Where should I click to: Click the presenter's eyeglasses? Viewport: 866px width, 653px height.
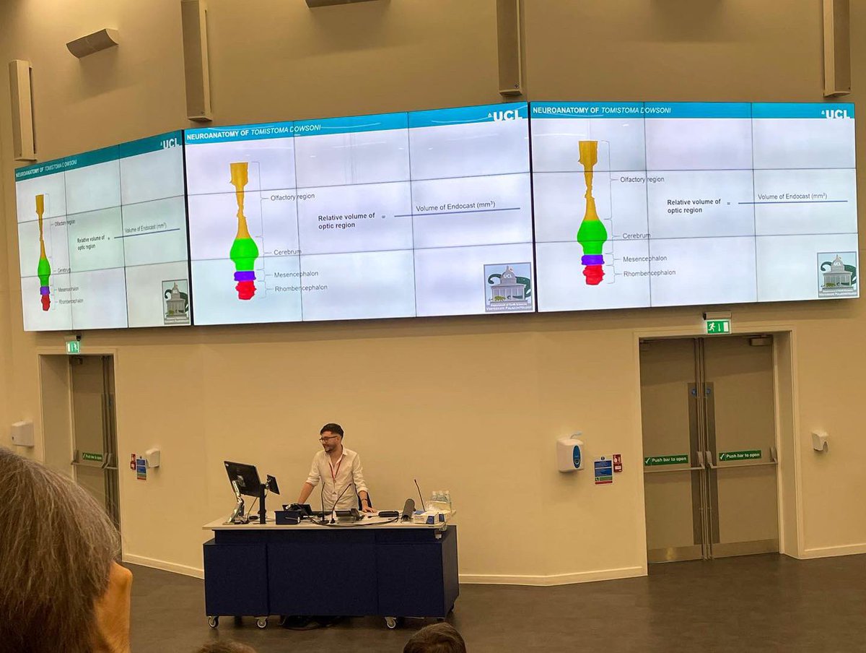click(329, 438)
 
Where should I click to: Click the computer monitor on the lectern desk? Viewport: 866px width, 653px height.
click(242, 478)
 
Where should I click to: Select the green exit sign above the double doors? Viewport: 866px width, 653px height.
click(717, 326)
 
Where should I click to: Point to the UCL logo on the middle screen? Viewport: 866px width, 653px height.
click(506, 115)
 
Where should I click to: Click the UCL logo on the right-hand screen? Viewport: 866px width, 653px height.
click(836, 113)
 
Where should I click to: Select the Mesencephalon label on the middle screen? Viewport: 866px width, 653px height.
click(296, 274)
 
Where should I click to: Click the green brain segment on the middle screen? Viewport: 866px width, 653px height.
click(244, 254)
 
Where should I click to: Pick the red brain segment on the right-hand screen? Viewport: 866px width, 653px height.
click(593, 274)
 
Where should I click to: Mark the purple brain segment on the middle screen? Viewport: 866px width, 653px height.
click(245, 275)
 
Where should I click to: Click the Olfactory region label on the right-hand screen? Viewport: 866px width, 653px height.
click(642, 179)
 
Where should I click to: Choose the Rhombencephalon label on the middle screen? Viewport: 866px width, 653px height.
click(301, 287)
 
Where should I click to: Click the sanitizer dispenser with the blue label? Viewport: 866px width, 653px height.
click(569, 454)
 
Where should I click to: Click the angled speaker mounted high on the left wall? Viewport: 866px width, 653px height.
click(93, 43)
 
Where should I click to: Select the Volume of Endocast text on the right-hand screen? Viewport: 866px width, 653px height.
click(792, 196)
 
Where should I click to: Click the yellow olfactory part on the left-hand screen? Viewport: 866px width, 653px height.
click(40, 224)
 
